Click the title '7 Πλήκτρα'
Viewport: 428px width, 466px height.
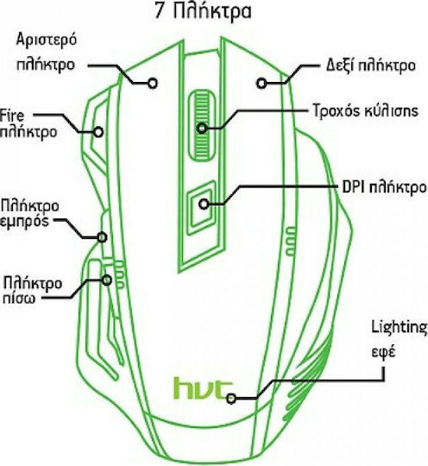204,12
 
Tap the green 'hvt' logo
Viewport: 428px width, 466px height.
203,388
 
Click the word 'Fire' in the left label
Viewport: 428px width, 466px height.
12,116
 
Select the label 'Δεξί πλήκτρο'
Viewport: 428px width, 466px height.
371,66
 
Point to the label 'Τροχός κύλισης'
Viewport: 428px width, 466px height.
366,110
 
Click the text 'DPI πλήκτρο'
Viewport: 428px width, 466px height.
384,187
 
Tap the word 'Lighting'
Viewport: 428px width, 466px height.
400,328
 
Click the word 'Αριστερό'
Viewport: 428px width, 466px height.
47,40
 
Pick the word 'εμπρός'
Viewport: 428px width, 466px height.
24,222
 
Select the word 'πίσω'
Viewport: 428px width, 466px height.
19,298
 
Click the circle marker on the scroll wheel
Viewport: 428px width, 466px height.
202,129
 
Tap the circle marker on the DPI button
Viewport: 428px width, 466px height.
204,204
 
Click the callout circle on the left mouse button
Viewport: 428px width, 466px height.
153,84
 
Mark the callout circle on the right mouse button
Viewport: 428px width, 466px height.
261,84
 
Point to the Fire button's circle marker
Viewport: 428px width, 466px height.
98,132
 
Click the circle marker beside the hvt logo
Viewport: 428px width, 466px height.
231,399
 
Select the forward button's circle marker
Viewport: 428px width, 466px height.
102,237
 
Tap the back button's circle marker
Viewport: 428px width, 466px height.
107,280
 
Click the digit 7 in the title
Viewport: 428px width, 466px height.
160,12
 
